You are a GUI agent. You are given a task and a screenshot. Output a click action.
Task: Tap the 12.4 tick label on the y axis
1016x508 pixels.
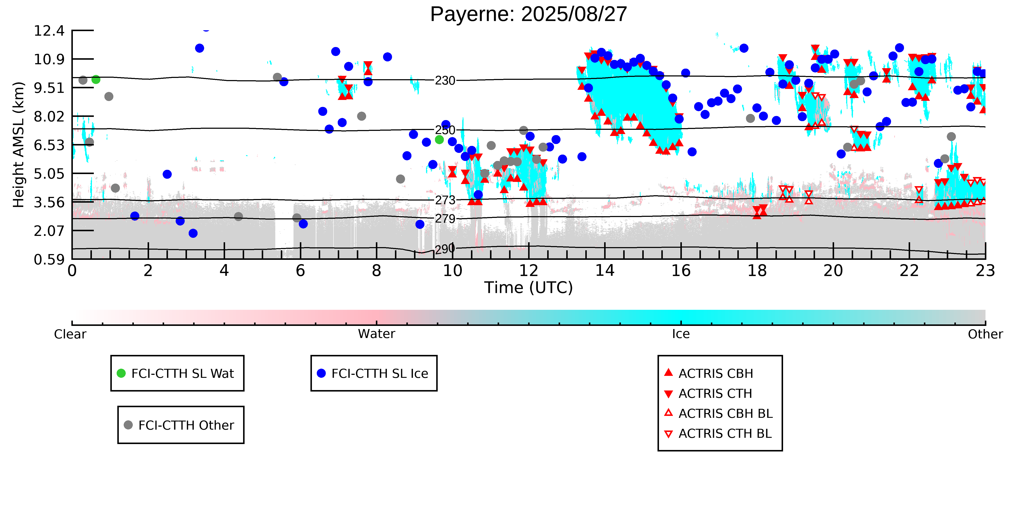click(x=49, y=31)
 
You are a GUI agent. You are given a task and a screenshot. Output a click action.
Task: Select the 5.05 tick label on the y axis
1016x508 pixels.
click(x=49, y=174)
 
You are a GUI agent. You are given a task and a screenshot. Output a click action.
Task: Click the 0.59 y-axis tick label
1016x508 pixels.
click(x=49, y=260)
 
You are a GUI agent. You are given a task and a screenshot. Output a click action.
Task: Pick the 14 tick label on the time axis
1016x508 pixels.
click(x=605, y=271)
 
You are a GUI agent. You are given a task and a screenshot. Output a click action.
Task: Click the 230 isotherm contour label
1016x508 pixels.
click(x=445, y=80)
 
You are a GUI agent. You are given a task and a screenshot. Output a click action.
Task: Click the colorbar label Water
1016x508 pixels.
click(x=376, y=334)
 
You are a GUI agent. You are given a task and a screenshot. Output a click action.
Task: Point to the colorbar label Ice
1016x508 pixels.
click(x=681, y=334)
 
